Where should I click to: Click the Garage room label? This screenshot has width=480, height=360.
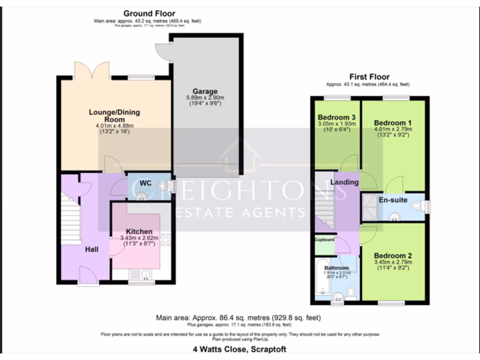pos(205,91)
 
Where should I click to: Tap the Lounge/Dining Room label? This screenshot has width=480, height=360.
pos(114,116)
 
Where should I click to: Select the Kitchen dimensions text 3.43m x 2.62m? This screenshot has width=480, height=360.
pos(139,238)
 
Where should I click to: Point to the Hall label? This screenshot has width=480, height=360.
pos(91,249)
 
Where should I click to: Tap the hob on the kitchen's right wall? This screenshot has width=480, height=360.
pos(165,240)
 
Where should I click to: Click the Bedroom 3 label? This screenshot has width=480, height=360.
pos(337,117)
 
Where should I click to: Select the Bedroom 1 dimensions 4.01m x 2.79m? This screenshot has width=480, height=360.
pos(393,129)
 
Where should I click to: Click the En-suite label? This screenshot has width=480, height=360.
pos(392,200)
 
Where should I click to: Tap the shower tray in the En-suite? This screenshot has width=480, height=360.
pos(370,207)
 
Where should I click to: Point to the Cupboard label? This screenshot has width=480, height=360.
pos(324,240)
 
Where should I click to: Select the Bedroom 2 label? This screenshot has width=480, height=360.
pos(393,256)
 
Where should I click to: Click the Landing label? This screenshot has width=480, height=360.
pos(345,182)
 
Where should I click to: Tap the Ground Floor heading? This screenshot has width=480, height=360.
pos(149,14)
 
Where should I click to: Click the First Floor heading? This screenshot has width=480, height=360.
pos(369,77)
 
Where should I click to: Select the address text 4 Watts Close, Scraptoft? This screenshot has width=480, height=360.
pos(240,349)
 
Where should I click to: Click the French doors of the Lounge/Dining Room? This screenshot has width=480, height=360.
pos(92,72)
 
